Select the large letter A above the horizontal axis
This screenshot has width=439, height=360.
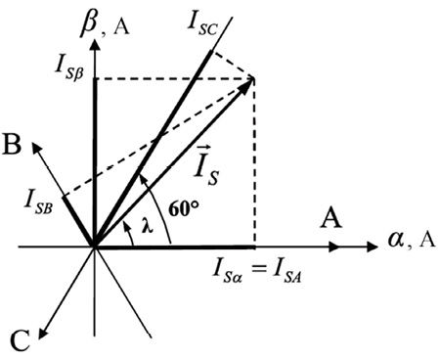[331, 218]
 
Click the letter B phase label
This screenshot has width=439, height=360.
[12, 144]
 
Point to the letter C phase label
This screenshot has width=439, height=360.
[21, 340]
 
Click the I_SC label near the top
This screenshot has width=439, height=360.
[202, 23]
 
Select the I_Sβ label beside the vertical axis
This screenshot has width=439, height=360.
[69, 69]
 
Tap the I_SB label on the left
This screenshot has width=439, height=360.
[38, 204]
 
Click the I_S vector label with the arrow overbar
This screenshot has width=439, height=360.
[206, 166]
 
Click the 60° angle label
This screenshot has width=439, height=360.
[184, 208]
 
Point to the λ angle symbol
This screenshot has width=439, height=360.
[147, 226]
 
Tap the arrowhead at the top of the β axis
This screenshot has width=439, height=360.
[95, 39]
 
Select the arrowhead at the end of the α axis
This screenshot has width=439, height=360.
[377, 247]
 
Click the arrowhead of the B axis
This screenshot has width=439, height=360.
[32, 142]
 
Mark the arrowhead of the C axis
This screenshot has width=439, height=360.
[39, 339]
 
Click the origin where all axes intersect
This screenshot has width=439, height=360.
[95, 247]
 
